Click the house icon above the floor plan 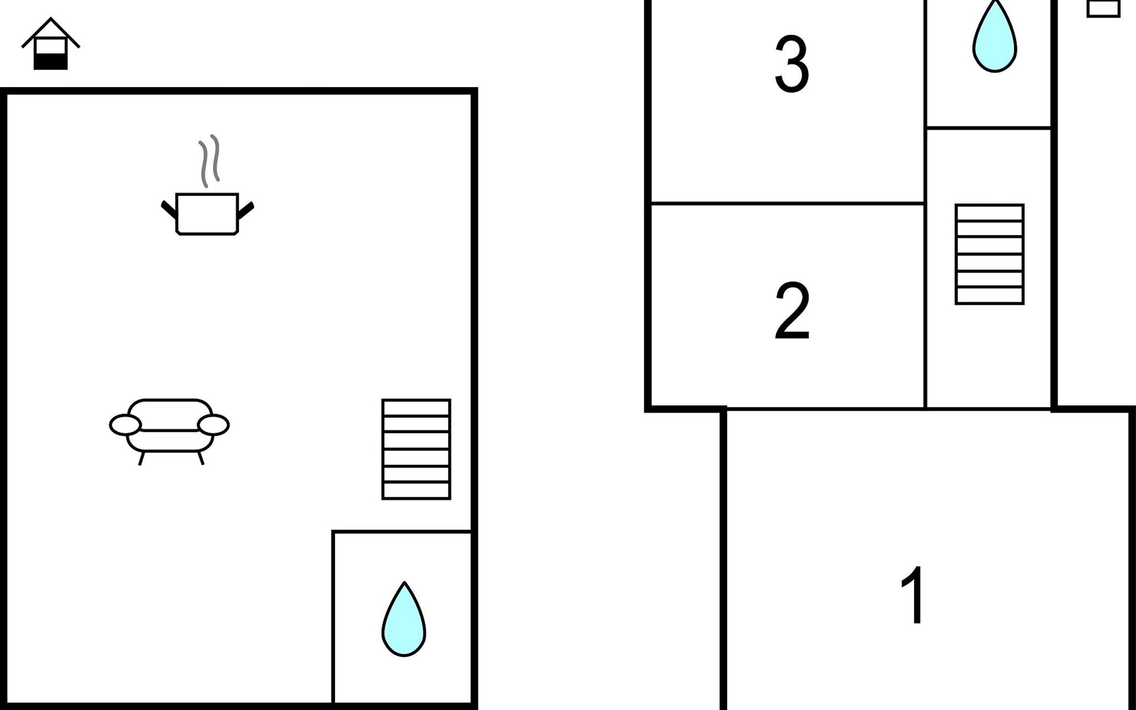pos(51,44)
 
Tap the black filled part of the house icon pos(51,61)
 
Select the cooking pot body pos(207,214)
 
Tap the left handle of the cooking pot pos(169,209)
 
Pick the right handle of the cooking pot pos(246,209)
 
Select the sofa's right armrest pos(213,425)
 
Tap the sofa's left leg pos(141,459)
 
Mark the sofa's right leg pos(201,458)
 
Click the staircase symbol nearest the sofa pos(416,449)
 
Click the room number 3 pos(792,64)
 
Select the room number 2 pos(792,310)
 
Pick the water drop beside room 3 pos(995,38)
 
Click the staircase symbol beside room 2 pos(989,254)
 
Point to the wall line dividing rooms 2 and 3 pos(787,204)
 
